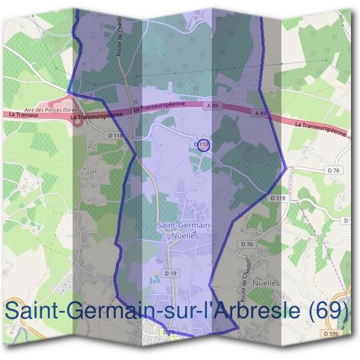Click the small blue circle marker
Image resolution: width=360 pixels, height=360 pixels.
coord(203,145)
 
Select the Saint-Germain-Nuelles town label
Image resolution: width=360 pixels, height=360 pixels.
coord(184,230)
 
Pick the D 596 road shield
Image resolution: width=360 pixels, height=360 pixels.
coord(330,334)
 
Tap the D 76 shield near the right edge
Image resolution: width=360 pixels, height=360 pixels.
coord(334,170)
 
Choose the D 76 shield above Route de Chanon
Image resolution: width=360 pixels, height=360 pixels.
coord(247,244)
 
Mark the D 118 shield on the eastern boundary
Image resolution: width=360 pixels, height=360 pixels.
coord(278,197)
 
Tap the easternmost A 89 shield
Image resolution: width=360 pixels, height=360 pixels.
coord(260,113)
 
